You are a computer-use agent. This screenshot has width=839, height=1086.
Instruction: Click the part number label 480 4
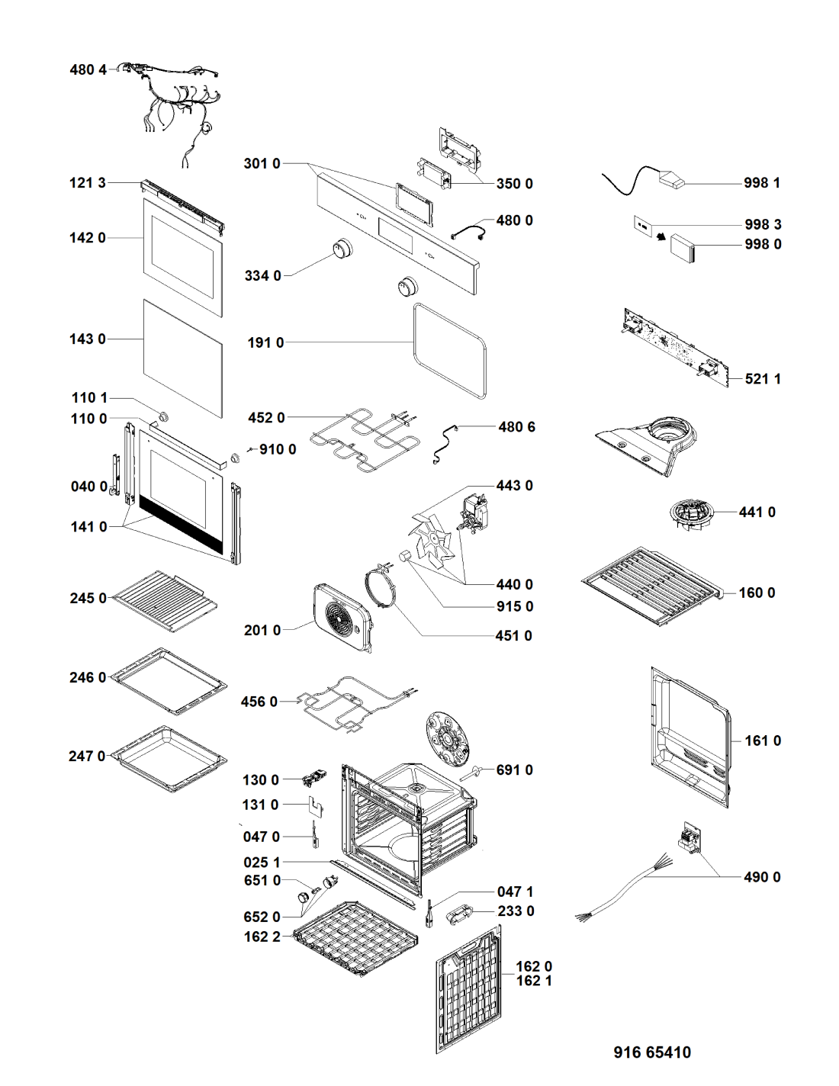coord(88,69)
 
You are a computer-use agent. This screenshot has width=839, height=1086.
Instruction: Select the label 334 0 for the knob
coord(263,275)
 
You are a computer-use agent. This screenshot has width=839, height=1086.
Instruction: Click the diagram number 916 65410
coord(652,1052)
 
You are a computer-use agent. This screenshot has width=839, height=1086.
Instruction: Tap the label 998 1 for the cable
coord(762,183)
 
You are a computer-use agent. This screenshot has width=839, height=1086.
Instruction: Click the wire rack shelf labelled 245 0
coord(165,601)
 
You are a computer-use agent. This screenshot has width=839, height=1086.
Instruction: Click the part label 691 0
coord(515,770)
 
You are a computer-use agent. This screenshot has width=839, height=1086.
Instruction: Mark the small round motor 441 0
coord(690,514)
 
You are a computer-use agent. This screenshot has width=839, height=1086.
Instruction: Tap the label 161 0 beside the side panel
coord(763,741)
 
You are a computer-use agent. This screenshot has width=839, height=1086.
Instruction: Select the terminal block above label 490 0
coord(691,838)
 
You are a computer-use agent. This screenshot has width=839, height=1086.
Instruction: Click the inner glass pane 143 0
coord(183,357)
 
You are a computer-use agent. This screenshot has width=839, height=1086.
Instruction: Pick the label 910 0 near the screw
coord(278,449)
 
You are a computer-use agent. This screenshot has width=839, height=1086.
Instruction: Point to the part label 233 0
coord(516,911)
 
